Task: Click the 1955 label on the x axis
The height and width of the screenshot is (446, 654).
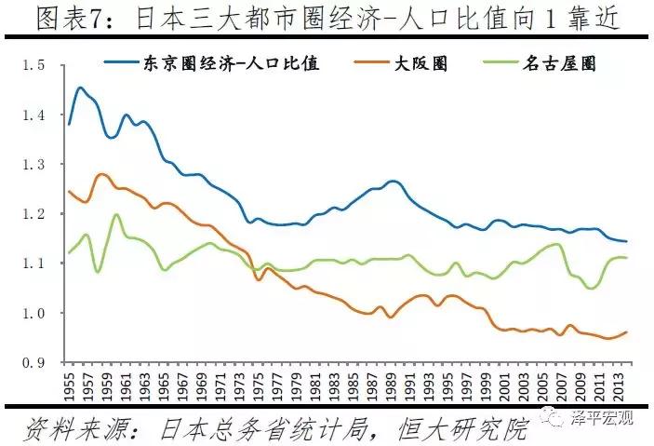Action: pyautogui.click(x=68, y=385)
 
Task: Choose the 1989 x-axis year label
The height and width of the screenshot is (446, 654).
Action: pyautogui.click(x=389, y=385)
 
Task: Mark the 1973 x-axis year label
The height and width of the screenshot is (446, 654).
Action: pyautogui.click(x=237, y=385)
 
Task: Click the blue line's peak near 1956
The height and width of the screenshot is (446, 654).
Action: pyautogui.click(x=80, y=88)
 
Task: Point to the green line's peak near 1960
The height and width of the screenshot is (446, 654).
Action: pyautogui.click(x=116, y=215)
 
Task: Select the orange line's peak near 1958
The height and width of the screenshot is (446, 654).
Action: pyautogui.click(x=101, y=173)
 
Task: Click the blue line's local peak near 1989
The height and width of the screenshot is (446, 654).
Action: pyautogui.click(x=393, y=181)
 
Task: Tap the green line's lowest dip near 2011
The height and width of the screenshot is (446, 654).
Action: pyautogui.click(x=590, y=288)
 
